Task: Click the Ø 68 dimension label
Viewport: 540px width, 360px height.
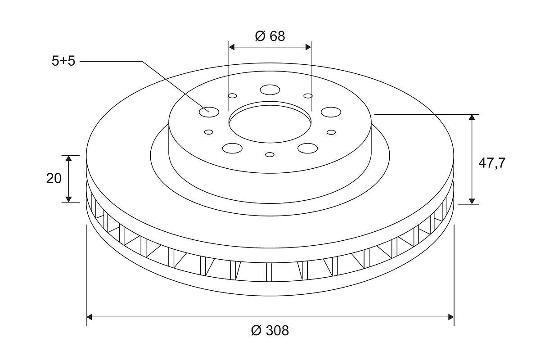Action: pyautogui.click(x=270, y=36)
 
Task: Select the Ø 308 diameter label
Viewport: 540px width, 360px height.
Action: pyautogui.click(x=270, y=330)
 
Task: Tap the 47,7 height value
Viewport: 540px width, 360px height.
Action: pyautogui.click(x=492, y=163)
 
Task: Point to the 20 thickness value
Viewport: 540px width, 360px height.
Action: pyautogui.click(x=54, y=179)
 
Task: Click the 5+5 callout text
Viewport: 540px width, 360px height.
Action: pyautogui.click(x=63, y=61)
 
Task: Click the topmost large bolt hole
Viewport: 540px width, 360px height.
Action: pyautogui.click(x=270, y=90)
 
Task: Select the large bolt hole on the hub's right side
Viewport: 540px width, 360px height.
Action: pyautogui.click(x=331, y=112)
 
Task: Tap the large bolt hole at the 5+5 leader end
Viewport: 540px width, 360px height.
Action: pyautogui.click(x=209, y=112)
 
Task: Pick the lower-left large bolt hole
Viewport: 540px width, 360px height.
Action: pyautogui.click(x=232, y=148)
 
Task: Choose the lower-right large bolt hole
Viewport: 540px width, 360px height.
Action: pyautogui.click(x=308, y=148)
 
